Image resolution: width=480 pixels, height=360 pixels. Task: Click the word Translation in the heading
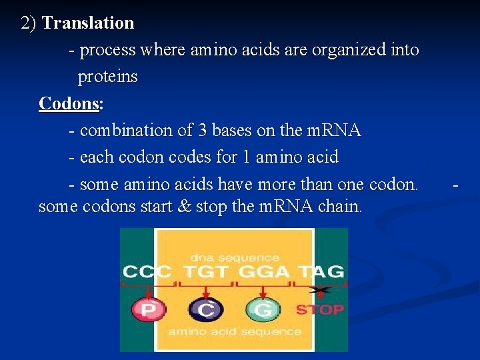tap(88, 23)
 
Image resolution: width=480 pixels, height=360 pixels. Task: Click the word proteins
tap(107, 77)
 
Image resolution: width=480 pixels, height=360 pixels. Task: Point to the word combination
tap(126, 131)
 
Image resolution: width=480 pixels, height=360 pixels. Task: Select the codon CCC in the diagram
tap(147, 272)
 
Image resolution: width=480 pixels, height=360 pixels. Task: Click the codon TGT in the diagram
tap(206, 272)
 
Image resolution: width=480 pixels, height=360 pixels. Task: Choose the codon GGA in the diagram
tap(264, 272)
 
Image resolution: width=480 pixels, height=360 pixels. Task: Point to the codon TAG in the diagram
tap(321, 272)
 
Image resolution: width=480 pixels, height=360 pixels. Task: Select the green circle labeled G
tap(263, 309)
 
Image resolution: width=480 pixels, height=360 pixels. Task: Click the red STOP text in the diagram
tap(319, 309)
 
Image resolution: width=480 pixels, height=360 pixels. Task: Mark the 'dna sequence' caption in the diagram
tap(234, 256)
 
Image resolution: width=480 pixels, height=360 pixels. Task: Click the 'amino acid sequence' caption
tap(234, 331)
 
